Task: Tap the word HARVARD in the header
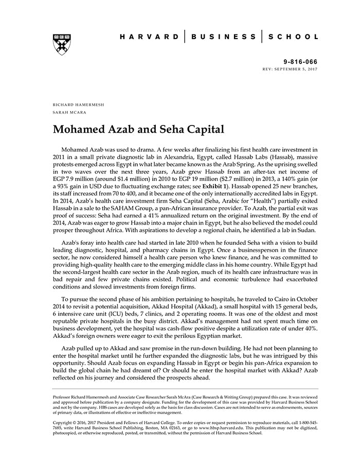149,37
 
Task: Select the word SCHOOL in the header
294,37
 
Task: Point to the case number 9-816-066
303,61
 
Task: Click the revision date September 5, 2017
299,68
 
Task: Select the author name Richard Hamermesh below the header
78,104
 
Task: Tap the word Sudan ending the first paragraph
306,231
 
